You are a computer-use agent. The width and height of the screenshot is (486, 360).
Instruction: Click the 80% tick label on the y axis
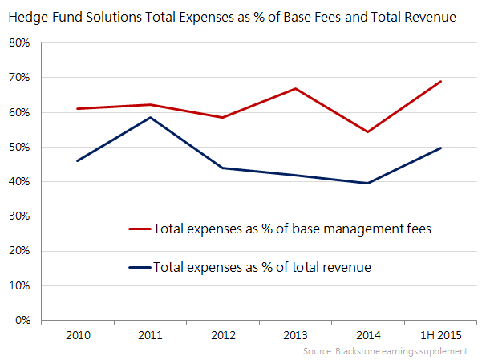point(20,43)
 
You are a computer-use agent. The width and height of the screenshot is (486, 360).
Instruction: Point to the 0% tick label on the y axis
point(22,320)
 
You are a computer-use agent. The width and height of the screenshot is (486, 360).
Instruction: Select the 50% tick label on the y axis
point(20,148)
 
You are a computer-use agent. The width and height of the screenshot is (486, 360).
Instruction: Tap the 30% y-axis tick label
point(20,216)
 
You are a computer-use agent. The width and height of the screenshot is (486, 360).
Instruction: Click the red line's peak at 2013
point(295,88)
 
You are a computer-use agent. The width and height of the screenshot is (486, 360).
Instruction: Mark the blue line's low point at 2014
point(368,183)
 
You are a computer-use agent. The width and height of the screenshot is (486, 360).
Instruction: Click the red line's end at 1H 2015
point(440,81)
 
